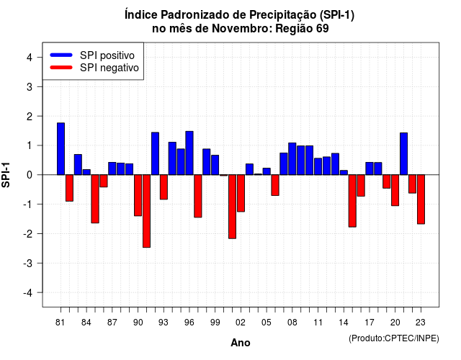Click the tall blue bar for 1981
click(x=61, y=149)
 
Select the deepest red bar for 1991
click(x=146, y=211)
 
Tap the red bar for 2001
click(x=232, y=207)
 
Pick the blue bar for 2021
click(x=403, y=153)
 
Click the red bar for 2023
click(x=421, y=199)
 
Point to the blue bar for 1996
click(x=189, y=153)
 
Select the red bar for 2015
click(x=352, y=201)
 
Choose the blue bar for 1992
click(x=156, y=153)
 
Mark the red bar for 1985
click(x=95, y=199)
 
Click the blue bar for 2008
click(x=292, y=158)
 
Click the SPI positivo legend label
click(x=107, y=55)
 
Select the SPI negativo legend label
click(x=109, y=68)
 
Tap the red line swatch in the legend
click(x=61, y=68)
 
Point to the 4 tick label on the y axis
click(x=30, y=58)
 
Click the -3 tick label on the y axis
click(x=28, y=264)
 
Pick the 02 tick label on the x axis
click(x=240, y=323)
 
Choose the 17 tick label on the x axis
click(x=370, y=323)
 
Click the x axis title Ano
click(x=241, y=343)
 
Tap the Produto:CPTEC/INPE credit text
click(x=394, y=338)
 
